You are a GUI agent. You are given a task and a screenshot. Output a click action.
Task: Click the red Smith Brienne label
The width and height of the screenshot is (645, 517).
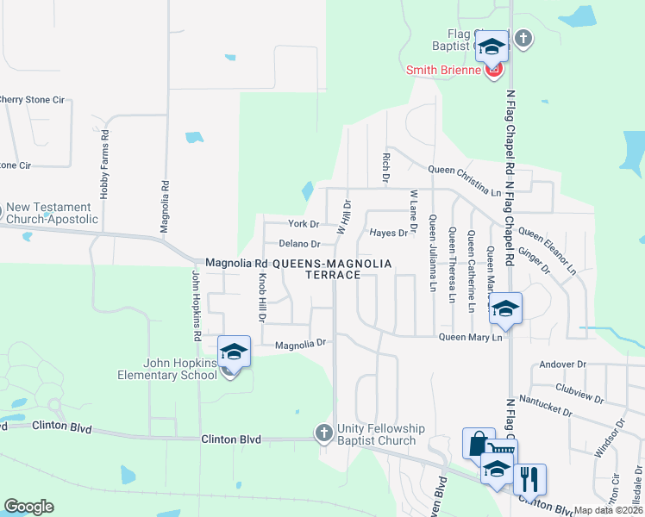[443, 70]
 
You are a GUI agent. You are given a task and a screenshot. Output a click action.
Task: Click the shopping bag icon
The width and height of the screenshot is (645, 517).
[479, 443]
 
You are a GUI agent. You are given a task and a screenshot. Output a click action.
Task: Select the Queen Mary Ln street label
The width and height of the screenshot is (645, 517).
[471, 337]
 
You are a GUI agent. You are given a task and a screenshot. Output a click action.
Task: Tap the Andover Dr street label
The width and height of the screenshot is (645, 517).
[562, 364]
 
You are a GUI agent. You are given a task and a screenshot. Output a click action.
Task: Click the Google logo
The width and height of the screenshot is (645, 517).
[28, 507]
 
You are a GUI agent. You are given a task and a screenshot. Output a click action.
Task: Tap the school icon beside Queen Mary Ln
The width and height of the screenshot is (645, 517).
[505, 309]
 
